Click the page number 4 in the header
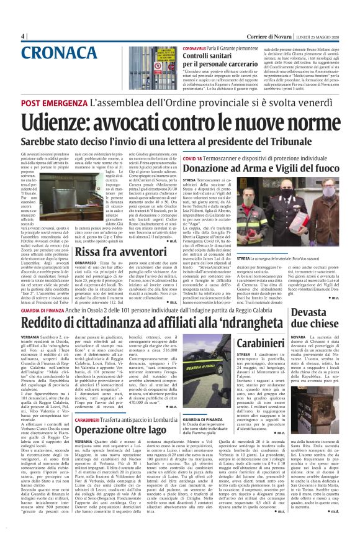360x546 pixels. (22, 36)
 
